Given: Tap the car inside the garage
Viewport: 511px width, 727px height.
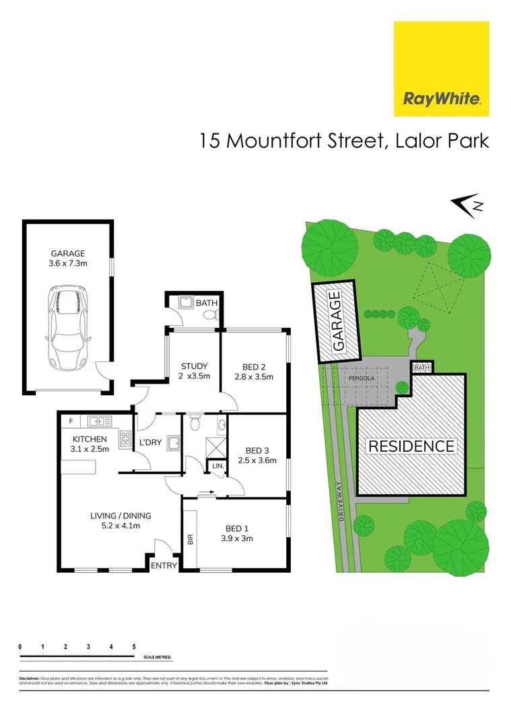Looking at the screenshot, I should pyautogui.click(x=67, y=328).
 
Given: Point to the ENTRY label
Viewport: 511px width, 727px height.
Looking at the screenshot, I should pyautogui.click(x=164, y=565).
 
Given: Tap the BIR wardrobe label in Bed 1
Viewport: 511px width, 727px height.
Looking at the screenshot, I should pyautogui.click(x=190, y=539).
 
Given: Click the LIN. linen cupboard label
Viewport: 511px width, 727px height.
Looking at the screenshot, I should pyautogui.click(x=218, y=466).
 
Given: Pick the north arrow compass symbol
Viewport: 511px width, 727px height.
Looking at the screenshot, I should pyautogui.click(x=467, y=206).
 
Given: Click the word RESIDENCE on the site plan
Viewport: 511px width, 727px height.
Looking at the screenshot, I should pyautogui.click(x=410, y=446).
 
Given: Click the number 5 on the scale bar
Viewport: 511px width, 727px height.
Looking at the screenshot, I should pyautogui.click(x=134, y=646).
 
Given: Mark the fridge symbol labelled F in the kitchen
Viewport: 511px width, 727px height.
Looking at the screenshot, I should pyautogui.click(x=70, y=421).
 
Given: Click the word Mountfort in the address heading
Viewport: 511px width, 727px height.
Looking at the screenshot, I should pyautogui.click(x=270, y=142).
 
